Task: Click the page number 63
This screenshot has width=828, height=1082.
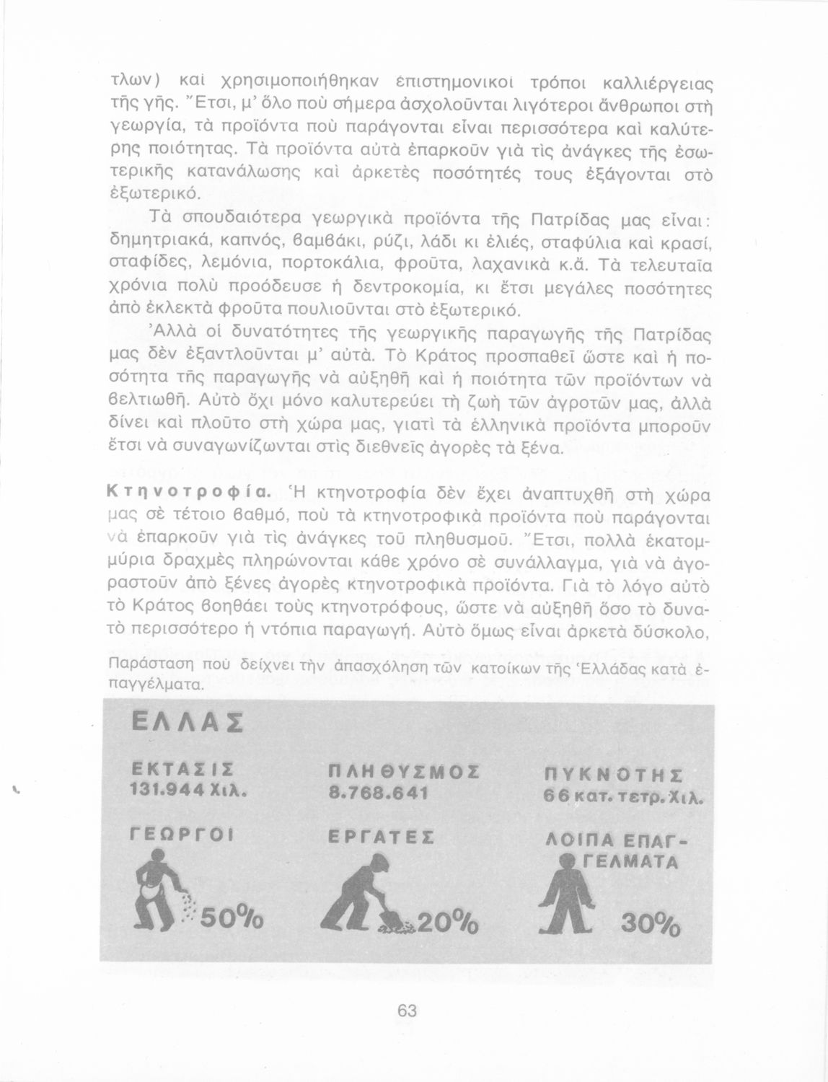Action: click(408, 1011)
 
